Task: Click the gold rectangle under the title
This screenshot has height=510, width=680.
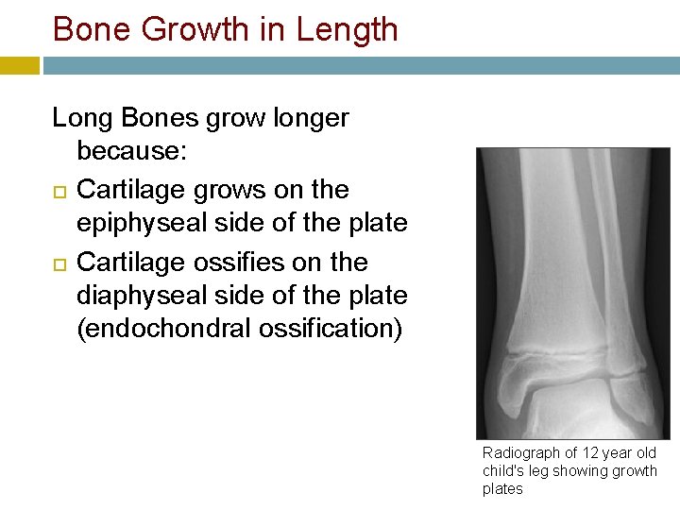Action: coord(19,66)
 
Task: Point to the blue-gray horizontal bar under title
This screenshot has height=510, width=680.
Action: coord(359,66)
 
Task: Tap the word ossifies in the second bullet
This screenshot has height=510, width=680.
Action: coord(237,262)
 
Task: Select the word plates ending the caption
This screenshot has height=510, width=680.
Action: coord(502,489)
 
